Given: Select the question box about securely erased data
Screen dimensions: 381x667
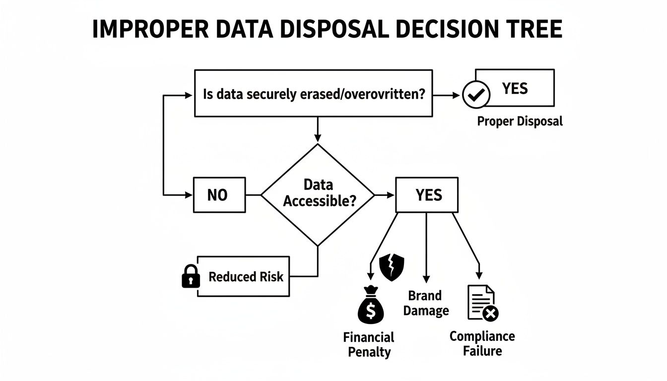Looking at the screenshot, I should (x=314, y=93).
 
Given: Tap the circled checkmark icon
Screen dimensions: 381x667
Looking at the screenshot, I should (x=476, y=94).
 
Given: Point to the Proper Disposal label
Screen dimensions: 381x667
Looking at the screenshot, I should (x=520, y=121).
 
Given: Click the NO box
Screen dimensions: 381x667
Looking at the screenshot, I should (x=217, y=195).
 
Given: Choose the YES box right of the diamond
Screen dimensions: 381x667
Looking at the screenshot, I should (x=427, y=195).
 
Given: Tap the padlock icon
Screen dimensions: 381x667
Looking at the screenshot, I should (x=191, y=276).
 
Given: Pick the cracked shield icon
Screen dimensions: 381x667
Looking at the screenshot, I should (x=392, y=267).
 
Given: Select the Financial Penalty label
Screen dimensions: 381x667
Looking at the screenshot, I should (x=369, y=345).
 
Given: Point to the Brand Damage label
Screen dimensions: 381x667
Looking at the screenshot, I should (x=425, y=303).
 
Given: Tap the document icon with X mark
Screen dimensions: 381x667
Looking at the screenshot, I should (x=482, y=304).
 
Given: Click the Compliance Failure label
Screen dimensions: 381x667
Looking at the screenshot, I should (x=482, y=343).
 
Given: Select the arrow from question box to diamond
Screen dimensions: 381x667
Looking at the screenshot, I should (x=318, y=130).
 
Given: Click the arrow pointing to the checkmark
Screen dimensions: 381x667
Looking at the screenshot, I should (x=448, y=94).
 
